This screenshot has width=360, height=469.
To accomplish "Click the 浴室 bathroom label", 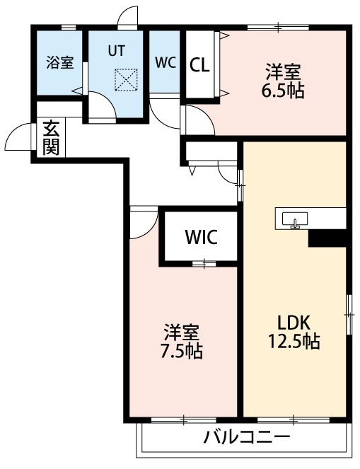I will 60,63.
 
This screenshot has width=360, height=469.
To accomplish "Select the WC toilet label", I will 166,62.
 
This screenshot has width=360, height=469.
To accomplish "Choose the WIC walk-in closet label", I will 201,237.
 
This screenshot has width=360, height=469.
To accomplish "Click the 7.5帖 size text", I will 182,351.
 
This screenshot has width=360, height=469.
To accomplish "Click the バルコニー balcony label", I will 247,436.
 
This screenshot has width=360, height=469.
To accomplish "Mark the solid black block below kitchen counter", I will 327,238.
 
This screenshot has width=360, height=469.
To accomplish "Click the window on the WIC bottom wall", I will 204,264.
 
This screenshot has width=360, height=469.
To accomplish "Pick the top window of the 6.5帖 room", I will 277,28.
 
